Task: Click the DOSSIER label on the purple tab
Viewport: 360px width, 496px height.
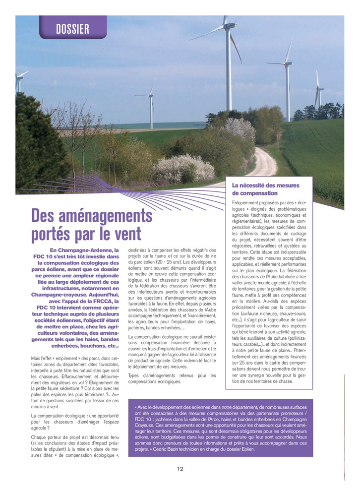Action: pos(72,29)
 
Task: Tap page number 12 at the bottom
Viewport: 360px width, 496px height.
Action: pos(180,468)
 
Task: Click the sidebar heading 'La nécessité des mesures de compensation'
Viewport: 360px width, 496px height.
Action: pos(266,189)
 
